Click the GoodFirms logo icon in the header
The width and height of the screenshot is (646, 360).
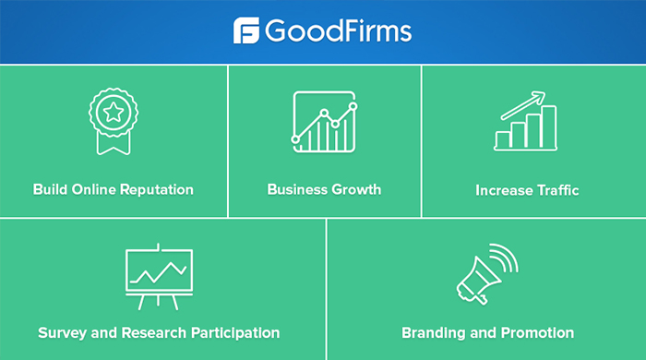pos(246,30)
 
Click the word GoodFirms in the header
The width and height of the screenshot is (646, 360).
pos(338,31)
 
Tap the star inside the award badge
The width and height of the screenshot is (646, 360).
pos(113,114)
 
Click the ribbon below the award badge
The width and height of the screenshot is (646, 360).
pos(113,143)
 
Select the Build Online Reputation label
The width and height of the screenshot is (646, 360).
pos(114,189)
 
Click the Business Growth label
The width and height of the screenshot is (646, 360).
pos(324,189)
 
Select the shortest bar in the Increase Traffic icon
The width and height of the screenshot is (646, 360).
pos(504,139)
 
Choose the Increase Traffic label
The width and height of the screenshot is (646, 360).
pos(527,190)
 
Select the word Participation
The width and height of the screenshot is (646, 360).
pos(233,332)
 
